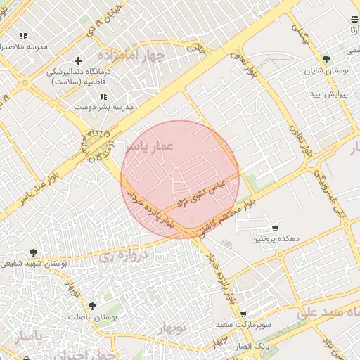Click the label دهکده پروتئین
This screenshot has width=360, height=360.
pyautogui.click(x=276, y=240)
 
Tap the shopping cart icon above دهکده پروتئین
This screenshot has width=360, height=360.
pyautogui.click(x=275, y=229)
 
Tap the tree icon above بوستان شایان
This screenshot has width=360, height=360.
pyautogui.click(x=326, y=59)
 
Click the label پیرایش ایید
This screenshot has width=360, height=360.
pyautogui.click(x=331, y=94)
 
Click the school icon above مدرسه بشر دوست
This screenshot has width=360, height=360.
pyautogui.click(x=103, y=96)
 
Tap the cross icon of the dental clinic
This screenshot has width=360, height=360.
pyautogui.click(x=78, y=60)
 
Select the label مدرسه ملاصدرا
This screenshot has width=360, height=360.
pyautogui.click(x=24, y=47)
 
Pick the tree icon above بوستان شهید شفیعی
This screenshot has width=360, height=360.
pyautogui.click(x=33, y=252)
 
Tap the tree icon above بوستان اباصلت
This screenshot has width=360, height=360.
pyautogui.click(x=92, y=306)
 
